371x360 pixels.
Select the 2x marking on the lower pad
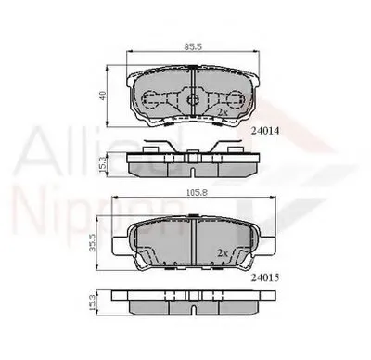[x=223, y=251]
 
